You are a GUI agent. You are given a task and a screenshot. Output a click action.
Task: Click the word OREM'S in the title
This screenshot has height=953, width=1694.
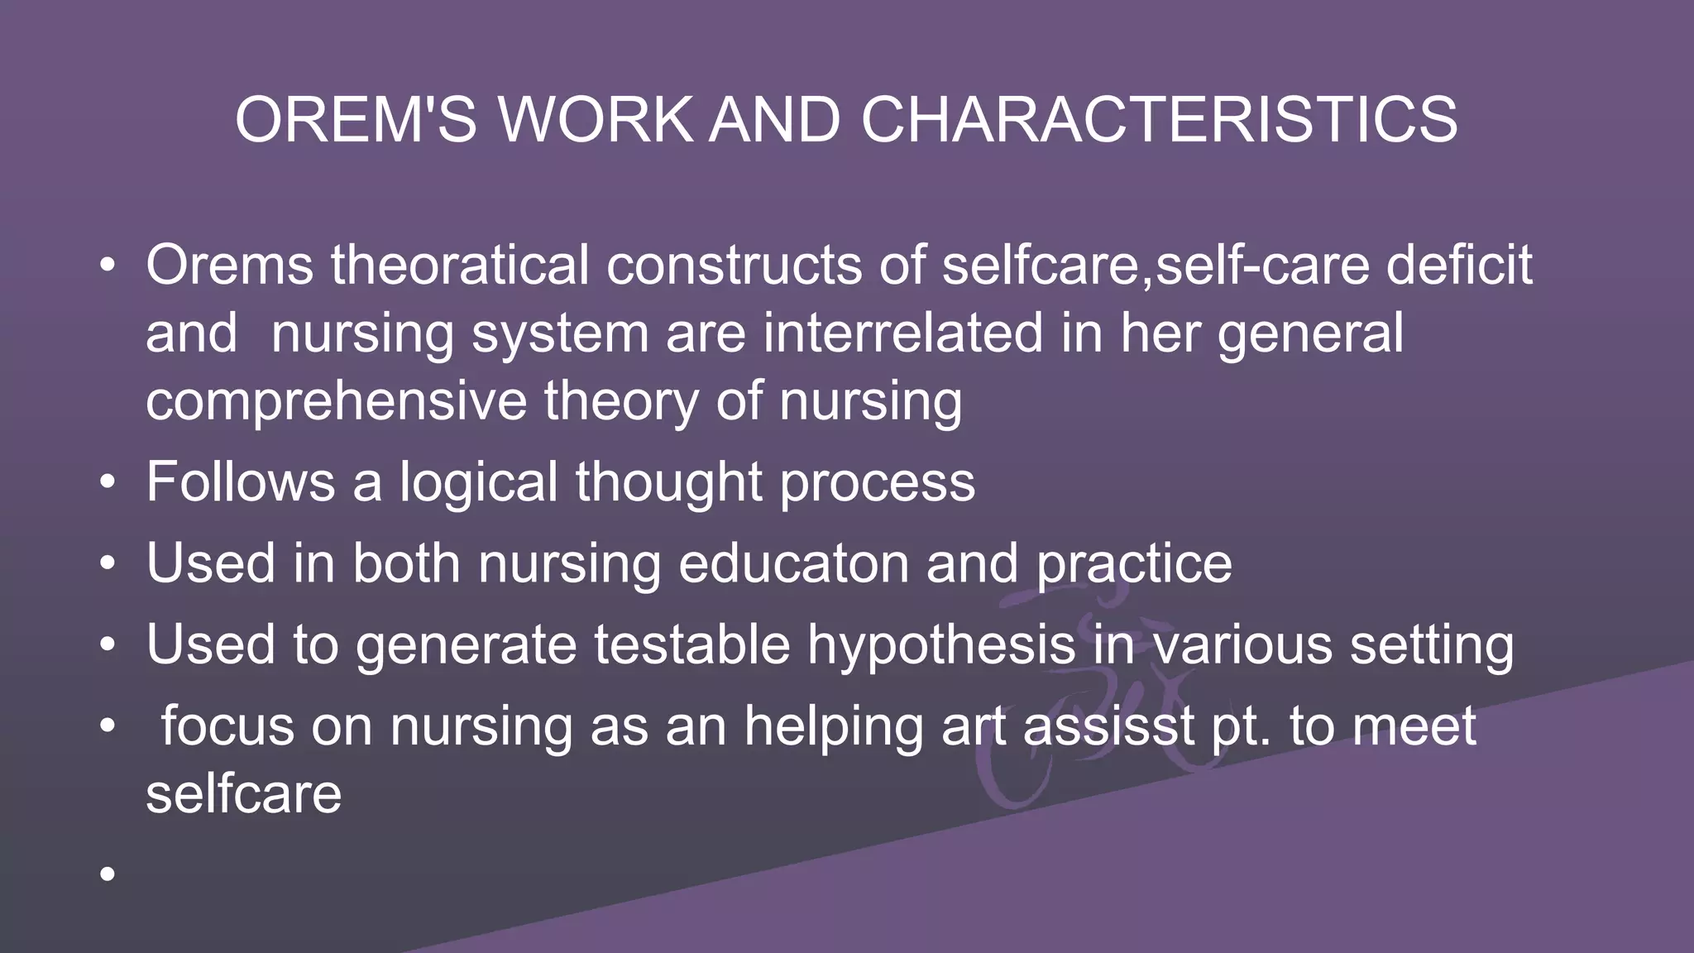coord(357,120)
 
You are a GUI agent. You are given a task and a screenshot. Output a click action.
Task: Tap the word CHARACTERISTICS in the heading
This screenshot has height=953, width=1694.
coord(1159,120)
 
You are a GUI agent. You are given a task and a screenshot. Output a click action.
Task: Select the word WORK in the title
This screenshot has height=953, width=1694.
coord(595,120)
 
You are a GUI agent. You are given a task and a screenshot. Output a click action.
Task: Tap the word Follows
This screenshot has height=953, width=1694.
coord(241,481)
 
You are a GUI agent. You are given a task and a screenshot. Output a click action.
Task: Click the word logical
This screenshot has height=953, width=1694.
coord(479,481)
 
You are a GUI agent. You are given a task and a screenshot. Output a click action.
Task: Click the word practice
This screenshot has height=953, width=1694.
coord(1134,563)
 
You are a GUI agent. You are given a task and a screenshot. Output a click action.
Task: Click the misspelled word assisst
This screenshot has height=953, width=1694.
coord(1108,726)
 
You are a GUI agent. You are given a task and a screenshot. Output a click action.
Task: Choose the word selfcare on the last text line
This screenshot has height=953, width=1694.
coord(243,793)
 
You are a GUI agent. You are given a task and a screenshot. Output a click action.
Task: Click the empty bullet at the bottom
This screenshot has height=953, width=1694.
coord(107,874)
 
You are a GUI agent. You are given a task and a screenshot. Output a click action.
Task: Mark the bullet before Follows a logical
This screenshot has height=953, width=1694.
coord(107,481)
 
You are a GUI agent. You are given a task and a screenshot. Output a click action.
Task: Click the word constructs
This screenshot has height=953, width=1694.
coord(735,266)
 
